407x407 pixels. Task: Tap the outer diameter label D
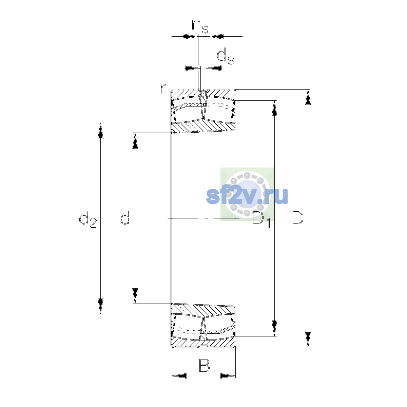pos(297,218)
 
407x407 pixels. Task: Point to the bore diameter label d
pos(125,218)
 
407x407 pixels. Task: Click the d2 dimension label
pos(88,220)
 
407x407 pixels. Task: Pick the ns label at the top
pos(200,26)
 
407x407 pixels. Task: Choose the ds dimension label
pos(226,56)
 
